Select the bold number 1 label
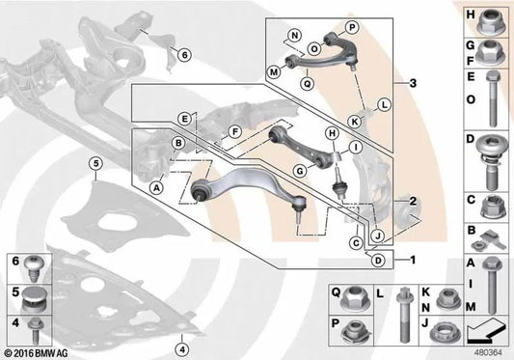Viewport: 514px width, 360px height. (x=413, y=260)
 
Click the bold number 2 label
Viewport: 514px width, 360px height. (x=413, y=201)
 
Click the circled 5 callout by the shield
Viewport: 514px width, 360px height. (x=95, y=164)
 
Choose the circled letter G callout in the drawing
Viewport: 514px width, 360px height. (x=300, y=171)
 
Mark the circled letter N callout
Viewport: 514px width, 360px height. (x=290, y=40)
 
